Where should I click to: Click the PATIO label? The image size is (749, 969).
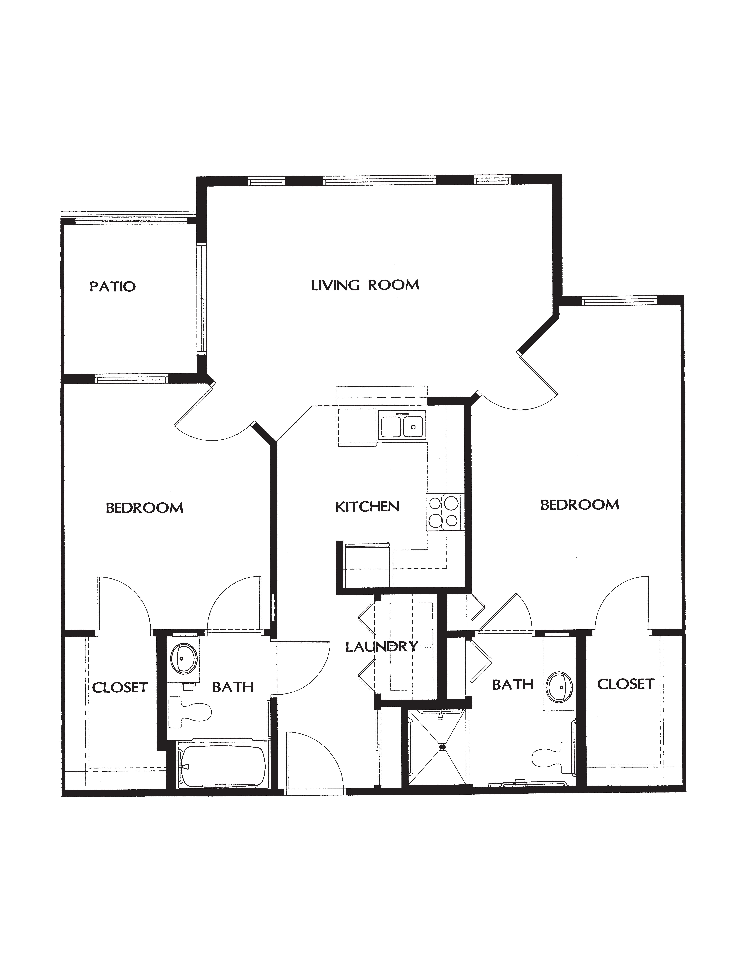[x=113, y=286]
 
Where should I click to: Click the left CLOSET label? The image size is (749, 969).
[x=120, y=687]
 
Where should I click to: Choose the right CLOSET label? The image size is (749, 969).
[x=626, y=684]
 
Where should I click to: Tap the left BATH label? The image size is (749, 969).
[x=233, y=687]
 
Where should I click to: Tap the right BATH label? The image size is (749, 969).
[x=513, y=685]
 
